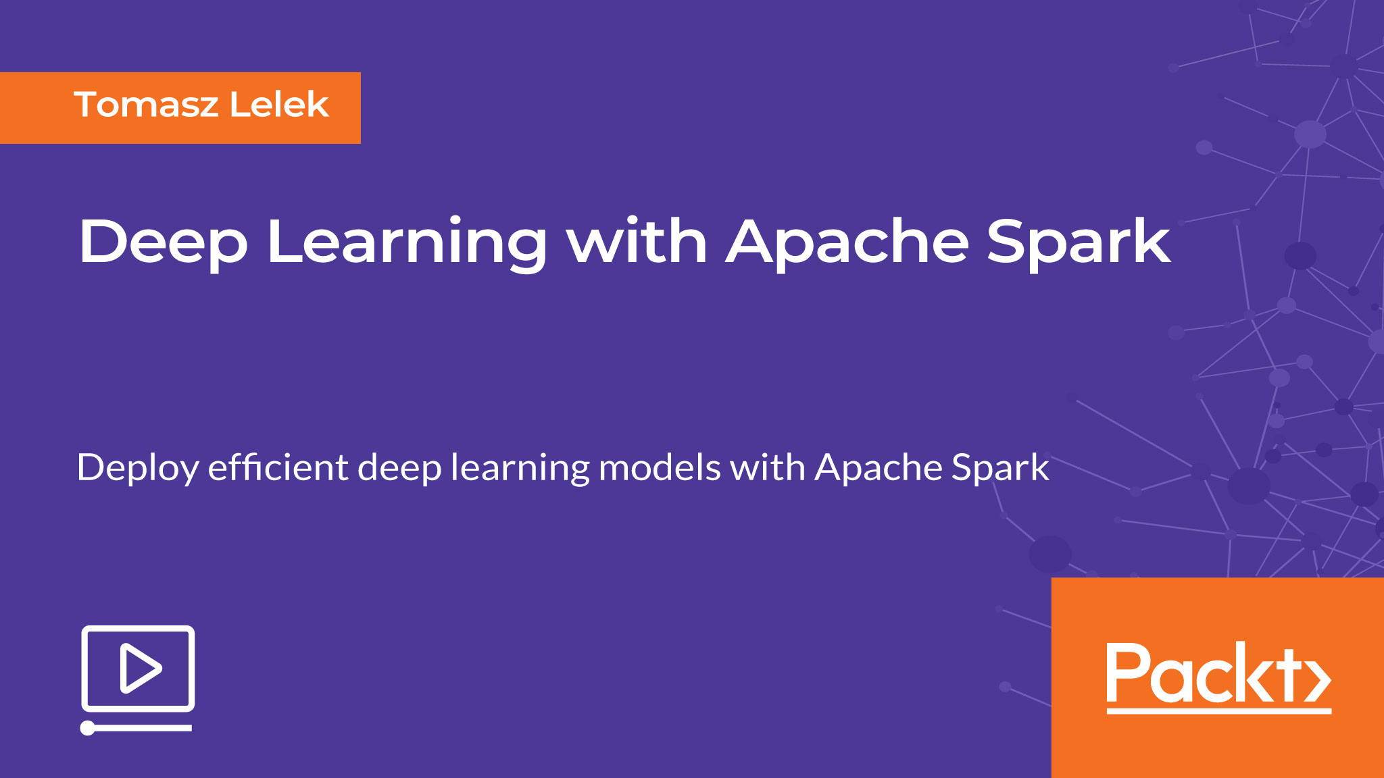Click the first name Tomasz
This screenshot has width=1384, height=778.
pos(146,105)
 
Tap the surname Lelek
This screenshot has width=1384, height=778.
pos(279,105)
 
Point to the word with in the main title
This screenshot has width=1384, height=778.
pos(637,240)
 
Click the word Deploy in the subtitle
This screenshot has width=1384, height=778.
pos(138,469)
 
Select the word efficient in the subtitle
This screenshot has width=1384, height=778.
pos(278,467)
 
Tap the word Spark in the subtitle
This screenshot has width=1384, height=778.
pos(1000,469)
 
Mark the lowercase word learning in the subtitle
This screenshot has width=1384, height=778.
pos(520,469)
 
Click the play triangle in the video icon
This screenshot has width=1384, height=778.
pos(141,668)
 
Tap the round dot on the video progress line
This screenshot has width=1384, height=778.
pos(88,728)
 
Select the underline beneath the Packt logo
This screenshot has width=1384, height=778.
pos(1218,710)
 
